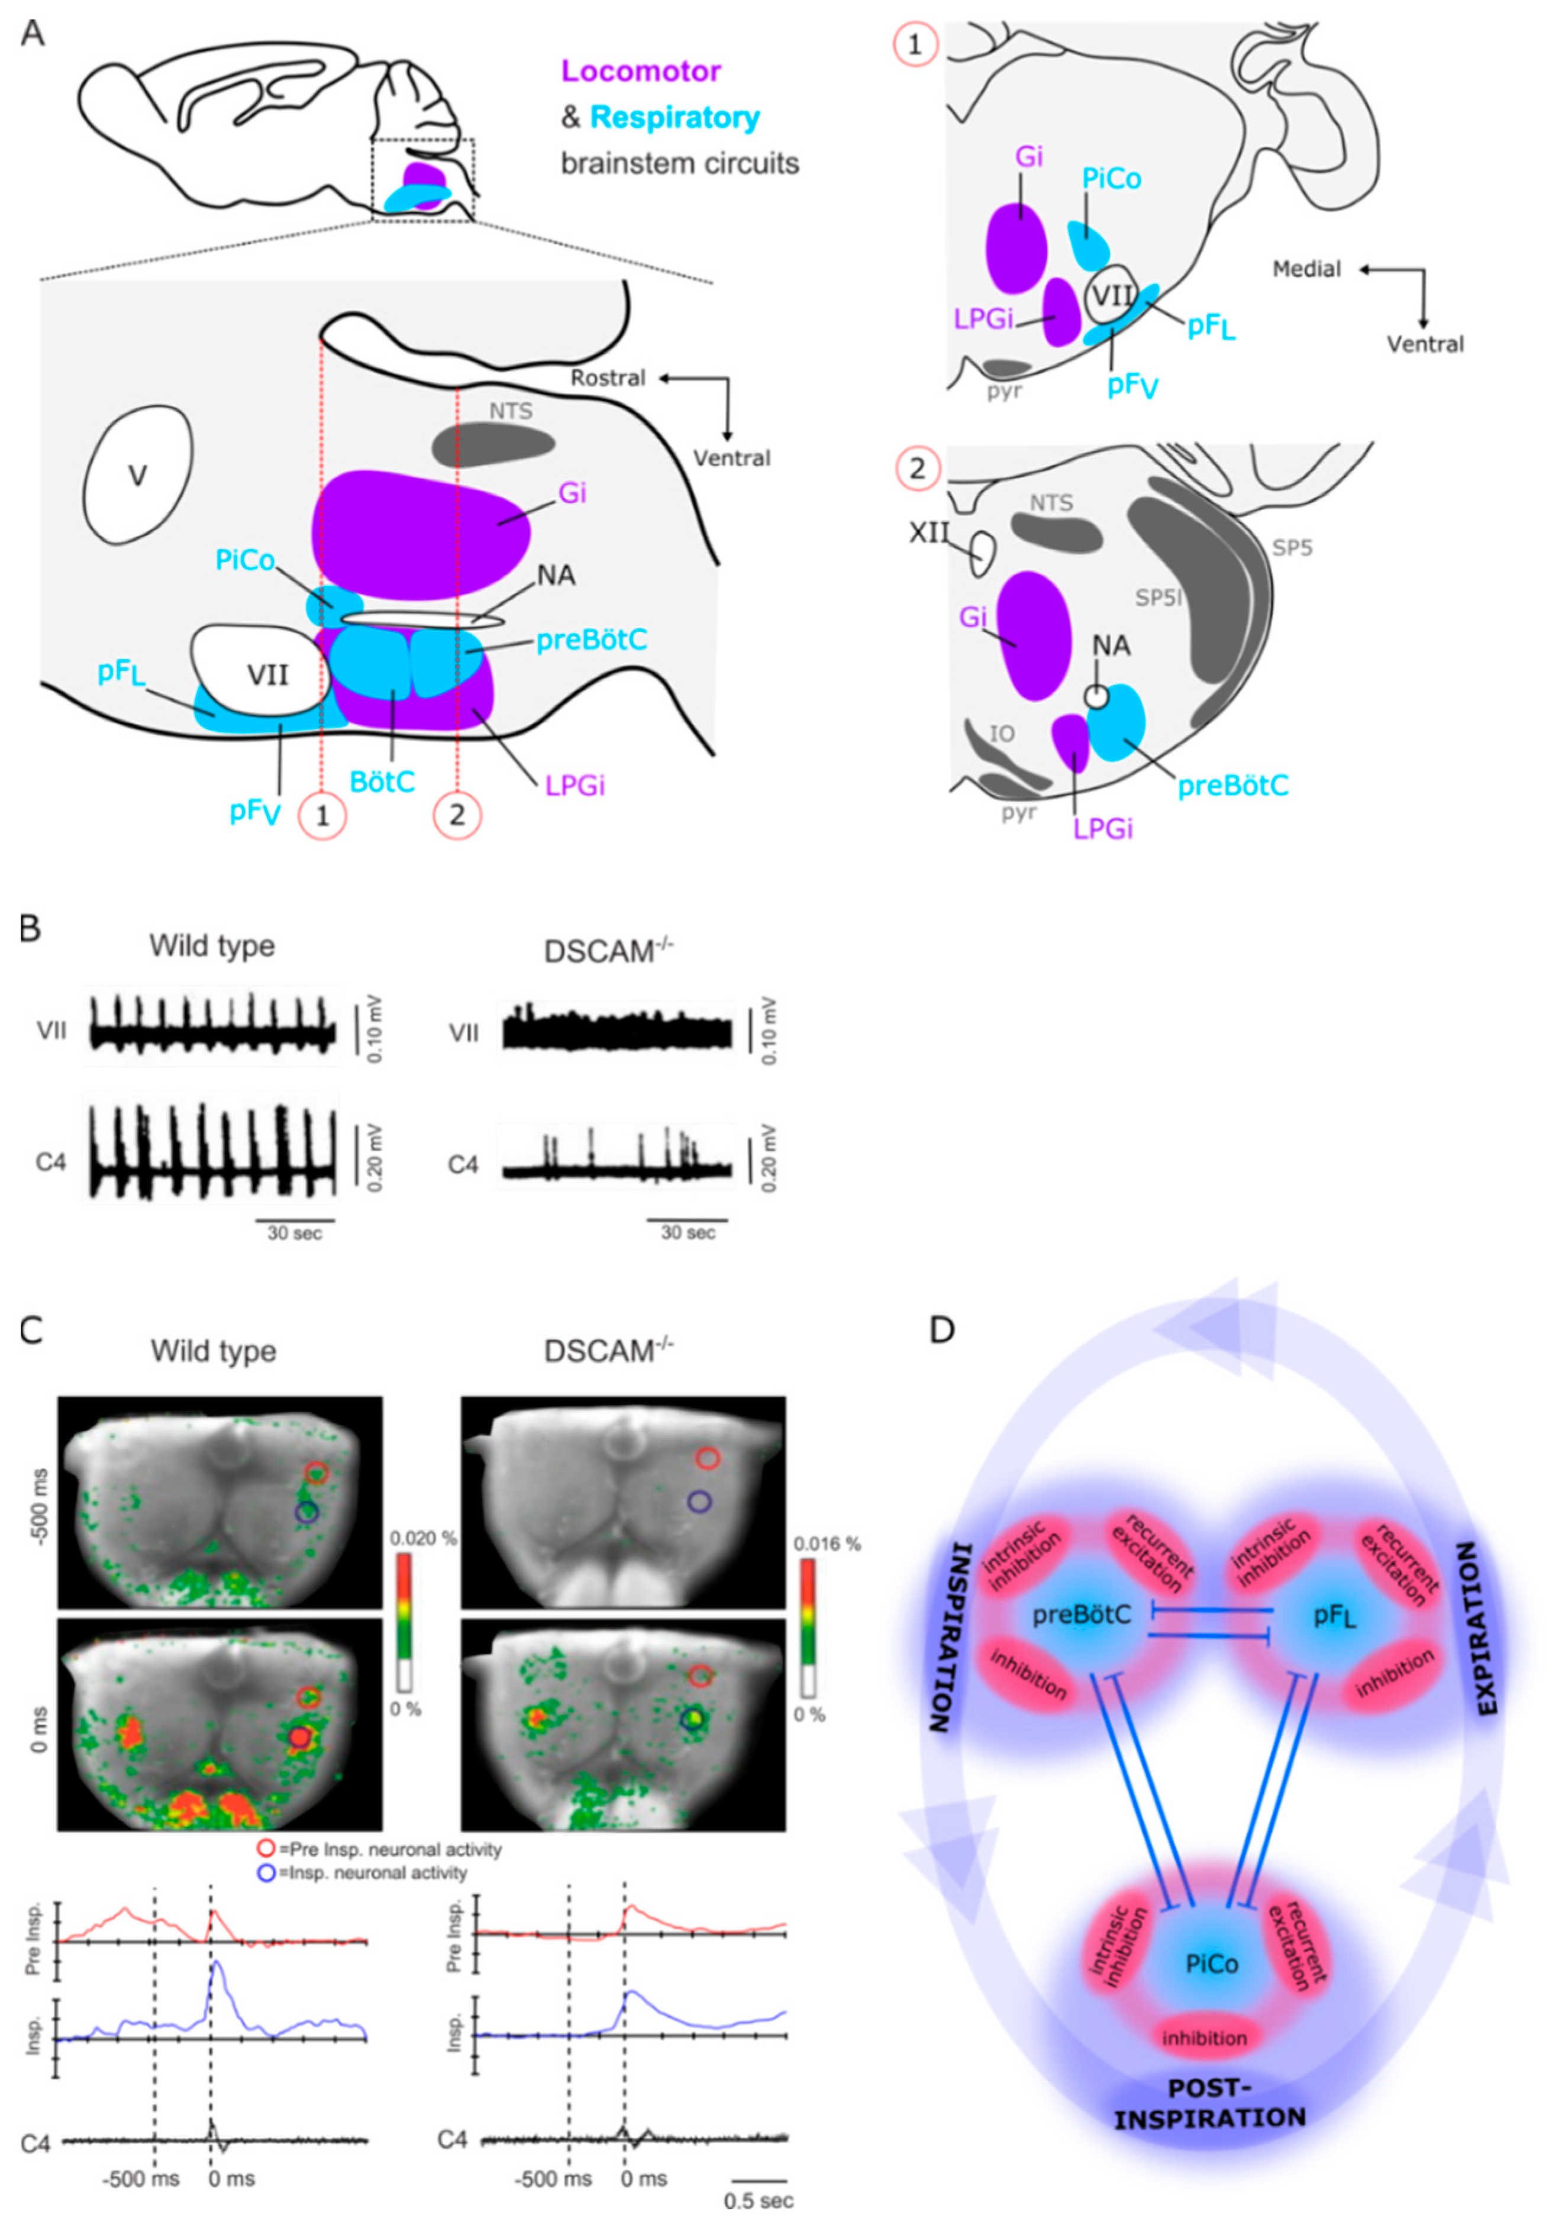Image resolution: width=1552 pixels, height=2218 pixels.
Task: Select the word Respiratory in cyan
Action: point(675,118)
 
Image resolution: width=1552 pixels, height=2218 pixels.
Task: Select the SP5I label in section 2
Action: point(1158,598)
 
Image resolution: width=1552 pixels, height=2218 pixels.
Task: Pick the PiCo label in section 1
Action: point(1111,179)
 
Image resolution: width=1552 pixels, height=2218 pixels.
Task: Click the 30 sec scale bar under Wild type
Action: point(295,1221)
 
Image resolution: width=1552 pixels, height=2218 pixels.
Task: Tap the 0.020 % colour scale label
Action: point(423,1537)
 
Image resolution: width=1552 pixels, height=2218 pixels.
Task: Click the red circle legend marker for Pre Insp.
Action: point(266,1849)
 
